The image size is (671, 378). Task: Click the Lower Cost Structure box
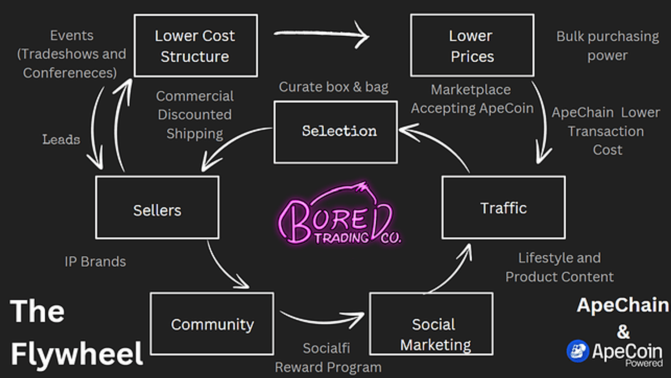click(195, 46)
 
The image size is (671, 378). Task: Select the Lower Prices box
click(472, 45)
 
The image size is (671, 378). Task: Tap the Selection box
click(335, 132)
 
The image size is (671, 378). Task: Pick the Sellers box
click(157, 207)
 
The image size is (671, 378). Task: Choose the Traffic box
click(503, 207)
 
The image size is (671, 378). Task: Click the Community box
click(212, 324)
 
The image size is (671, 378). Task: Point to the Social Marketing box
click(431, 324)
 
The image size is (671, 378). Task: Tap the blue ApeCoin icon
click(578, 351)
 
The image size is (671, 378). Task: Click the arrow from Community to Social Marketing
click(322, 319)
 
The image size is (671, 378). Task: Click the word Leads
click(61, 140)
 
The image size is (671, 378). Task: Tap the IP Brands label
click(95, 262)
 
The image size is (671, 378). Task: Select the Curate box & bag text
click(333, 87)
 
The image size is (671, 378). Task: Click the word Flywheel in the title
click(76, 354)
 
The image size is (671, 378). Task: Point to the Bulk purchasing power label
click(607, 46)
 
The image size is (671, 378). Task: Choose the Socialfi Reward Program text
click(328, 358)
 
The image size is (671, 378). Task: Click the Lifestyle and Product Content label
click(559, 267)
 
